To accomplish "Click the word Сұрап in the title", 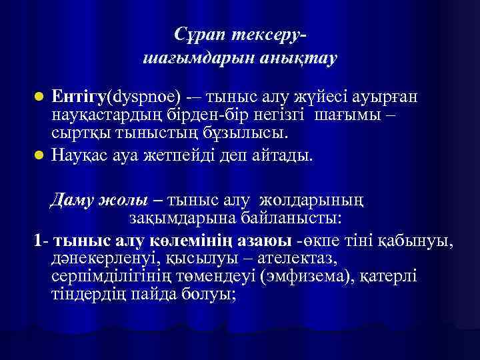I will click(201, 33).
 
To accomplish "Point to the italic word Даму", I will click(75, 199).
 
